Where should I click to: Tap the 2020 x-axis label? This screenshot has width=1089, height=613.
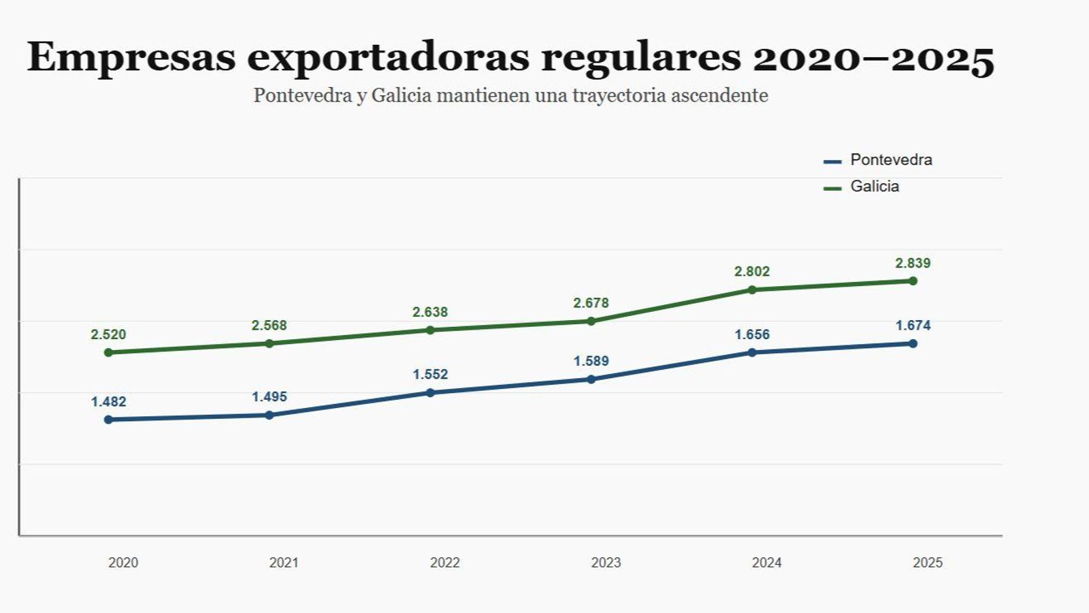coord(123,563)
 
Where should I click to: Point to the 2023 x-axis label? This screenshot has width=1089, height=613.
coord(606,563)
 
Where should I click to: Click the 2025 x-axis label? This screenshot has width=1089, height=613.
coord(928,563)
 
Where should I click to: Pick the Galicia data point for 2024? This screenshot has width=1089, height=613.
coord(752,289)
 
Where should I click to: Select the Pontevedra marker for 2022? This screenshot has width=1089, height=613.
coord(430,392)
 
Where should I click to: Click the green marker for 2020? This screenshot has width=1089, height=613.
coord(108,352)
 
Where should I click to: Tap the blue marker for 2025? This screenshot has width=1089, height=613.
coord(913,343)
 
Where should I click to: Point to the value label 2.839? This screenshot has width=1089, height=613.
coord(913,264)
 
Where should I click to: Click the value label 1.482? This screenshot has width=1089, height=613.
coord(108,402)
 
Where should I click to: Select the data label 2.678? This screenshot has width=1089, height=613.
coord(591,303)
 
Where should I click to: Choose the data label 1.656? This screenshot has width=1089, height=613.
coord(752,334)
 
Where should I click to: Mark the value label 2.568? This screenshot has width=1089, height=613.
coord(269,326)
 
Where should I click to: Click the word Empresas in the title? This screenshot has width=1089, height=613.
coord(131,57)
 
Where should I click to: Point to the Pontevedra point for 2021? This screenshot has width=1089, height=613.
coord(269,415)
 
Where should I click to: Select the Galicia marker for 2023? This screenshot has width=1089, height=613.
coord(591,321)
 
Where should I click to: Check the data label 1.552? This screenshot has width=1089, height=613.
coord(430,375)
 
